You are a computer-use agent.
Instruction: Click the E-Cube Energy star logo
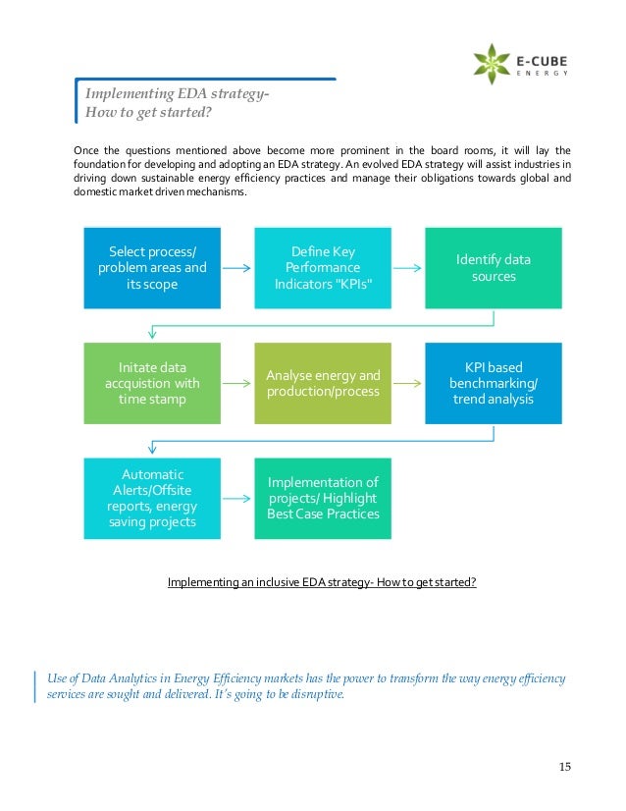coord(492,63)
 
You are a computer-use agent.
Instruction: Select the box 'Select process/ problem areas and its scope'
coord(153,267)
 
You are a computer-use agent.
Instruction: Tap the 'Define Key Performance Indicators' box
coord(323,267)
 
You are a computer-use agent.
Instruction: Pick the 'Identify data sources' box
coord(493,267)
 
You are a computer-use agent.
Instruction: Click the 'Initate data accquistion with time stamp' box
coord(153,382)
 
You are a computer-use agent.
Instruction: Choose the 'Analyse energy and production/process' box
coord(323,382)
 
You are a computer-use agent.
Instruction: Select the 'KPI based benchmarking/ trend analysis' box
coord(493,382)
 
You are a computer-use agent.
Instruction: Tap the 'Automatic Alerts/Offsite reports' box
coord(153,497)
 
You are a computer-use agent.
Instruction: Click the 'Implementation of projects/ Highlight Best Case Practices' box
coord(323,497)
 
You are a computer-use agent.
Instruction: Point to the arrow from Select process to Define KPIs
coord(237,267)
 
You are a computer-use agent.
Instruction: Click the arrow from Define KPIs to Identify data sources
coord(407,267)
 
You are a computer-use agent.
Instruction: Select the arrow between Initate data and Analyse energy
coord(237,382)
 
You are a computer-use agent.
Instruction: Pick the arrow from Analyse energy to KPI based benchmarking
coord(407,382)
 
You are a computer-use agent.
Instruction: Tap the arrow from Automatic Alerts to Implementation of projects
coord(237,497)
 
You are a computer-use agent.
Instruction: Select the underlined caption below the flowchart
coord(322,581)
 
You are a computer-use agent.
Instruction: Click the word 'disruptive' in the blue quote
coord(313,695)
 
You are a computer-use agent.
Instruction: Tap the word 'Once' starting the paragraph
coord(87,149)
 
